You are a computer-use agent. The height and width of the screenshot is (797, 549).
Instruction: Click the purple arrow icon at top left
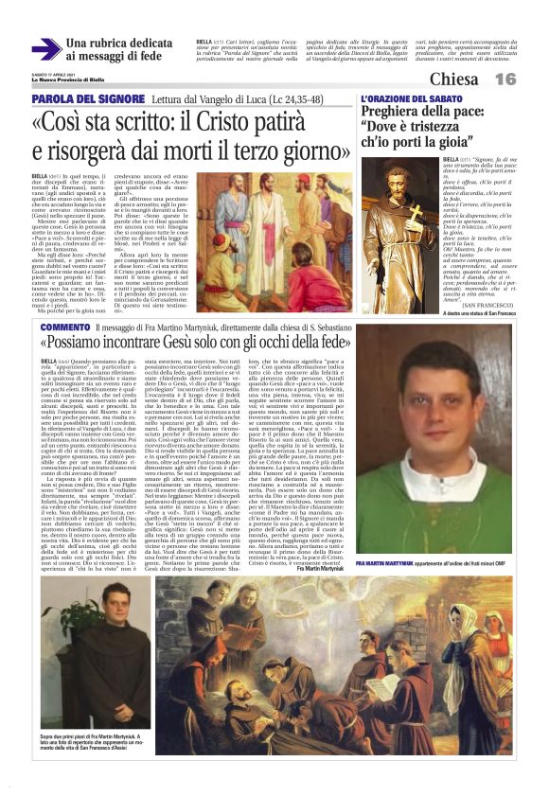[x=45, y=49]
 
